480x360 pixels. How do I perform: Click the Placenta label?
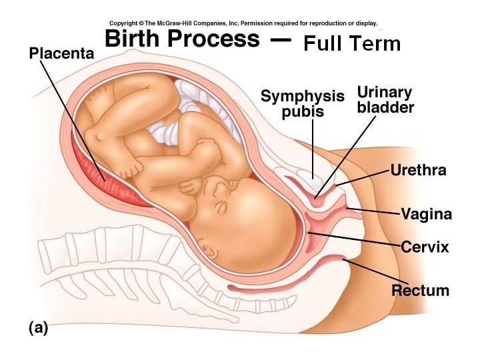61,53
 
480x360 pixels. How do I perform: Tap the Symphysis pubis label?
302,103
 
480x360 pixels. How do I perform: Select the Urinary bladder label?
385,99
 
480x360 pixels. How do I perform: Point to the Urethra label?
418,170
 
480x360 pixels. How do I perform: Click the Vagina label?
426,214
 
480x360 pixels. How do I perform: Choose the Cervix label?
425,247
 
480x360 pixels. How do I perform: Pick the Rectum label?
420,290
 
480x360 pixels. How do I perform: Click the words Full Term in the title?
351,44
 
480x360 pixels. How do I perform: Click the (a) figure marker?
38,327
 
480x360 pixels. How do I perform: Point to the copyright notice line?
243,22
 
